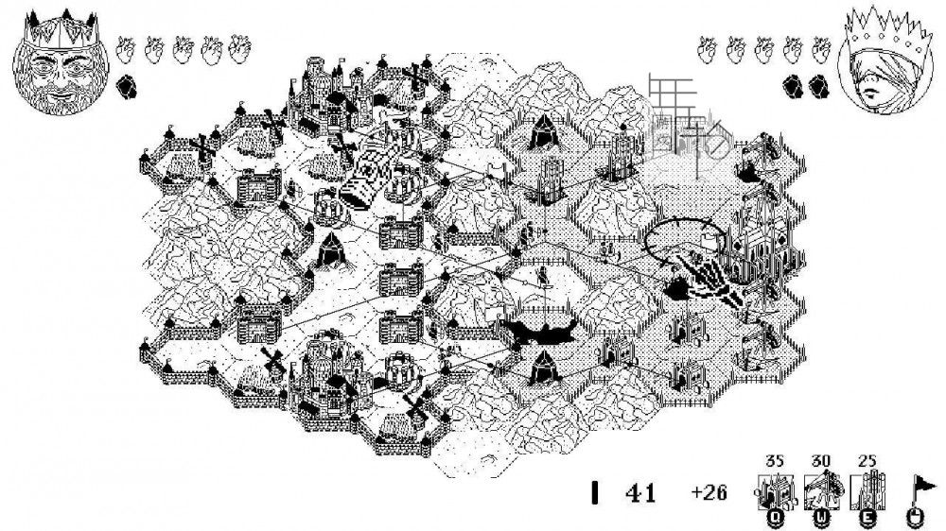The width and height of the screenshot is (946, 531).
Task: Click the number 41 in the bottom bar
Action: (640, 493)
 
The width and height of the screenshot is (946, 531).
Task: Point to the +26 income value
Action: (709, 493)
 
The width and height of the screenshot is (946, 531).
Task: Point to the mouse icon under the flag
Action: (916, 516)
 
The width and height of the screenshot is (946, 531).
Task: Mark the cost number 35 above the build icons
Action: (775, 461)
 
